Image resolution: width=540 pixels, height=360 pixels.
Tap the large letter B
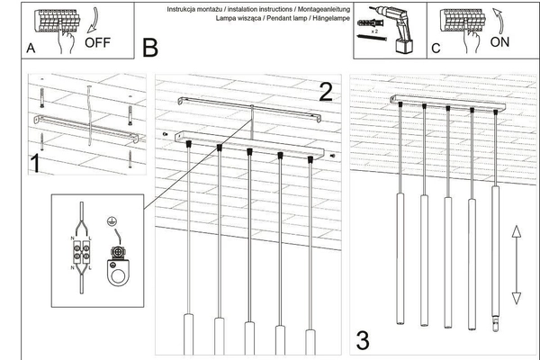click(149, 45)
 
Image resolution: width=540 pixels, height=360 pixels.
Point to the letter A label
click(31, 50)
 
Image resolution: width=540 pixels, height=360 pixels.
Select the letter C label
click(436, 50)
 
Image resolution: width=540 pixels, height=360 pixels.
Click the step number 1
click(34, 164)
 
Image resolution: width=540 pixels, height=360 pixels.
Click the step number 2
click(325, 90)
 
